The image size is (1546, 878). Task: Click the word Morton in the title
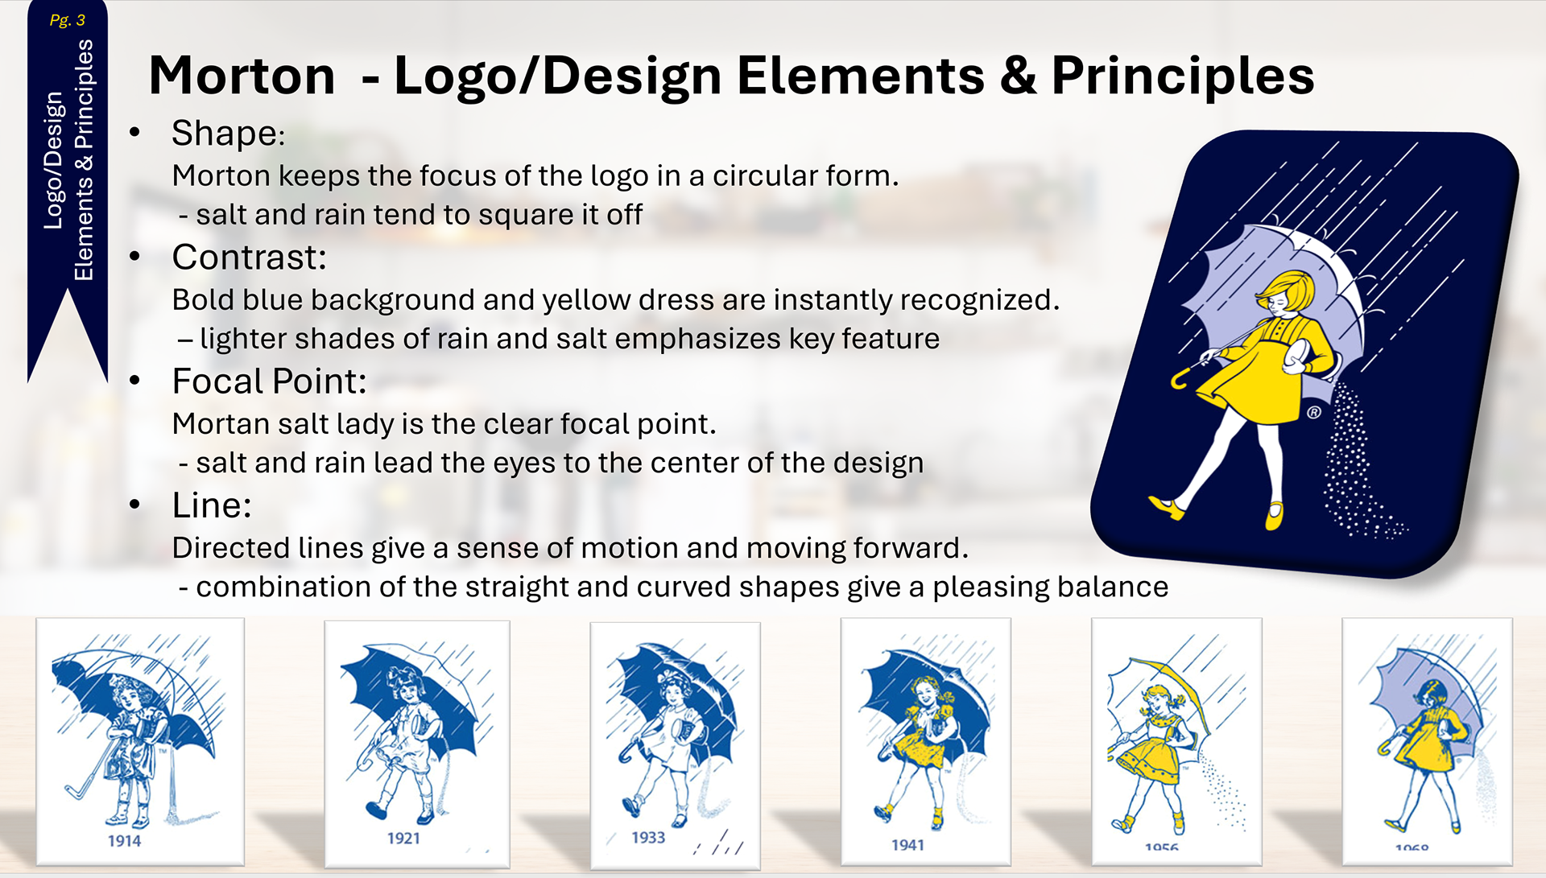tap(242, 76)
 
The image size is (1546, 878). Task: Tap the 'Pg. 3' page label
tap(67, 20)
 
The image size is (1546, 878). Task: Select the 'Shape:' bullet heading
tap(228, 134)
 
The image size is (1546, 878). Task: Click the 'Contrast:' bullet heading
tap(249, 258)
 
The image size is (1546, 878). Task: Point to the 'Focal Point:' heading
tap(269, 381)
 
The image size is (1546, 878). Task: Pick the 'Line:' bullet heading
tap(212, 505)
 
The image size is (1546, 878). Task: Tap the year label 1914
tap(124, 841)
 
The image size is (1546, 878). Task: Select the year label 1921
tap(403, 839)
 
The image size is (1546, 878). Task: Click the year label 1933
tap(648, 838)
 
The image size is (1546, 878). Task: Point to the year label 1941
tap(907, 845)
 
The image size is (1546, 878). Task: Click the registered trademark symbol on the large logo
tap(1314, 413)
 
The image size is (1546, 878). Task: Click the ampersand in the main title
tap(1018, 76)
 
